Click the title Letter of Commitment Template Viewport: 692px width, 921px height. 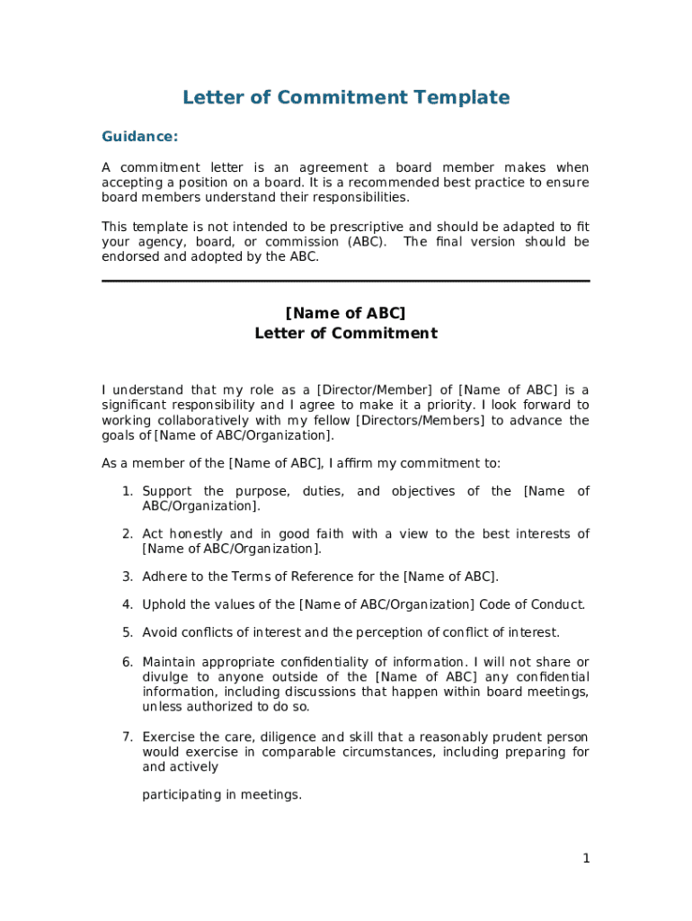tap(346, 97)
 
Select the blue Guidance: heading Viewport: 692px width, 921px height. tap(139, 137)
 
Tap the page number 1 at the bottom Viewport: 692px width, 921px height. tap(586, 859)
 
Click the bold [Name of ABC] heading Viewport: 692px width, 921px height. tap(346, 313)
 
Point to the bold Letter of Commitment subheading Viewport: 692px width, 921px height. tap(346, 334)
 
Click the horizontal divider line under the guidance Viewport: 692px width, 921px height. tap(346, 282)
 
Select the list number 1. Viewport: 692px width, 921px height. tap(128, 491)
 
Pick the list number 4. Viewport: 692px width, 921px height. tap(128, 604)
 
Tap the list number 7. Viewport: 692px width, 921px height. tap(128, 738)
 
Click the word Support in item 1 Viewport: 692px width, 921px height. tap(167, 491)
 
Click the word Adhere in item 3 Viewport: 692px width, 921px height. tap(164, 577)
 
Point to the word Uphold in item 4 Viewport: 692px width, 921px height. tap(164, 604)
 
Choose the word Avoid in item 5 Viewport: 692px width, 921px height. tap(161, 632)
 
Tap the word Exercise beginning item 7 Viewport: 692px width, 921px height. tap(168, 738)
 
